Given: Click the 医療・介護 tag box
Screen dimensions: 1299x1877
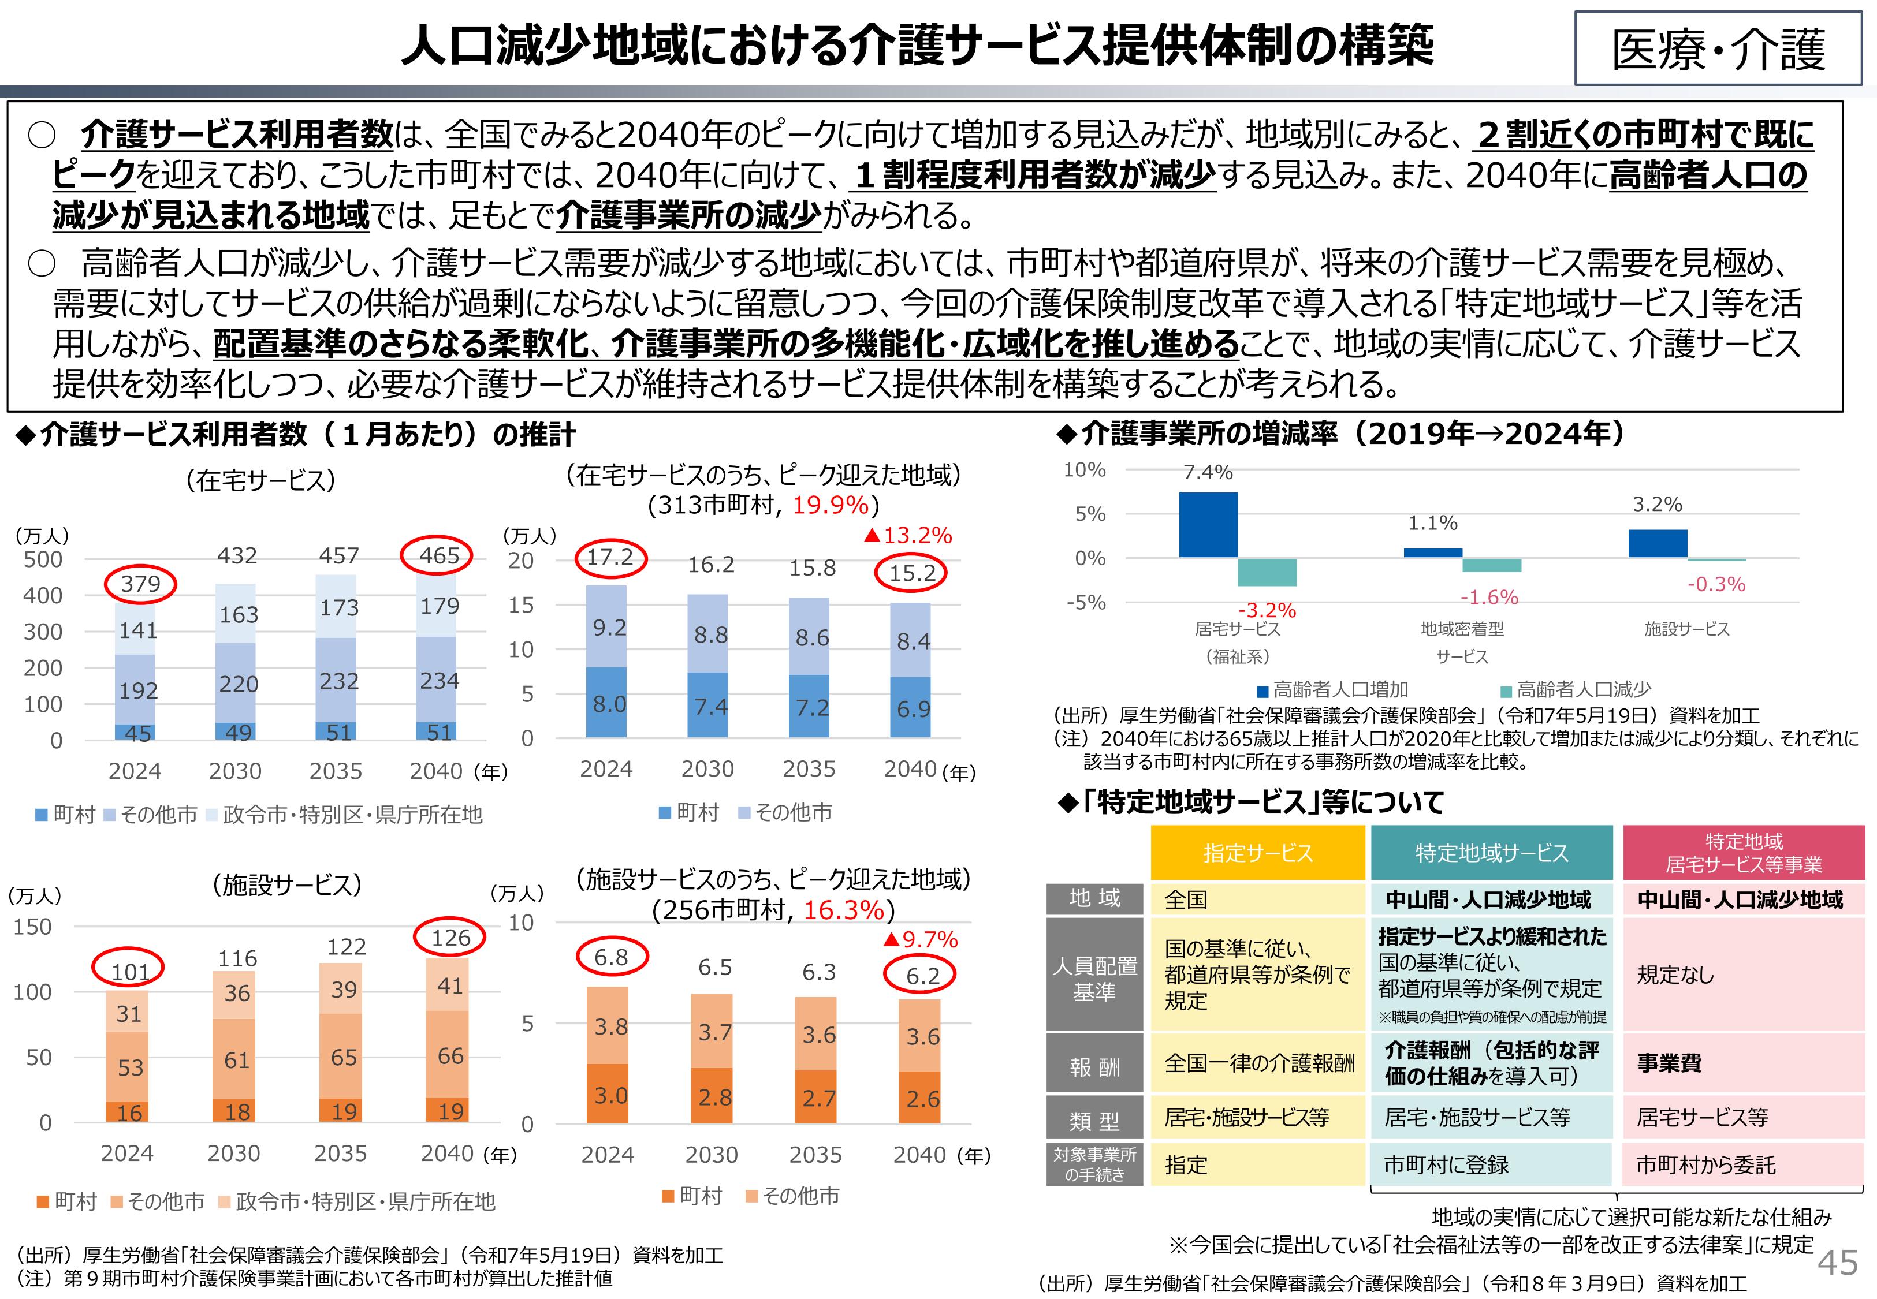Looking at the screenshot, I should point(1718,49).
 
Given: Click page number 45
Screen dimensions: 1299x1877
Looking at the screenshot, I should point(1837,1263).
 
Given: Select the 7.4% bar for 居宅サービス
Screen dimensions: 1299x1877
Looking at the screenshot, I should point(1208,525).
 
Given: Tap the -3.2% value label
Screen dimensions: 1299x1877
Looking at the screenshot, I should point(1267,610).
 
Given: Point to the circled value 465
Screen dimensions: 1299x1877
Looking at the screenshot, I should point(440,556).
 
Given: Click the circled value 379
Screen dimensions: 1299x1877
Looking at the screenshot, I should point(141,584).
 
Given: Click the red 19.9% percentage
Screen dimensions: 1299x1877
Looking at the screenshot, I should point(831,505).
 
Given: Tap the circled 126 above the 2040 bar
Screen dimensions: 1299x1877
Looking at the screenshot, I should point(450,938).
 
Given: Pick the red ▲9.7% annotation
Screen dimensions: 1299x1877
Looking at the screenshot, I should point(920,939).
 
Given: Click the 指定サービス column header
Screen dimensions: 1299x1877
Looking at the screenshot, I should point(1257,853).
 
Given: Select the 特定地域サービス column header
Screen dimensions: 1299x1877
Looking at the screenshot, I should point(1491,853).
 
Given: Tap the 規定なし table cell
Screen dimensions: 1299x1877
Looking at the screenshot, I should point(1675,975).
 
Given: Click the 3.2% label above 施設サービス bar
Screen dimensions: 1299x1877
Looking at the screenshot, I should point(1657,505).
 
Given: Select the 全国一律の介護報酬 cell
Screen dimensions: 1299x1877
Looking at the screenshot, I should point(1259,1063).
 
